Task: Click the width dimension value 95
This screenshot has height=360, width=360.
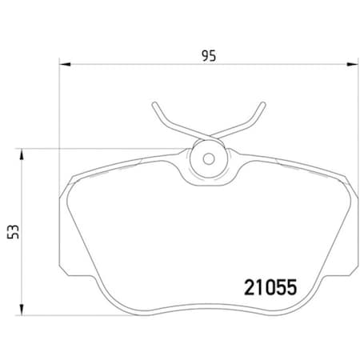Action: pos(209,55)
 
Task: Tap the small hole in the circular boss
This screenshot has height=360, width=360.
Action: pos(210,158)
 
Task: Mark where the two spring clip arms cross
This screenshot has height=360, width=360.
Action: pos(209,133)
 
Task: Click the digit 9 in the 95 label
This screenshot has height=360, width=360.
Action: pos(205,55)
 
